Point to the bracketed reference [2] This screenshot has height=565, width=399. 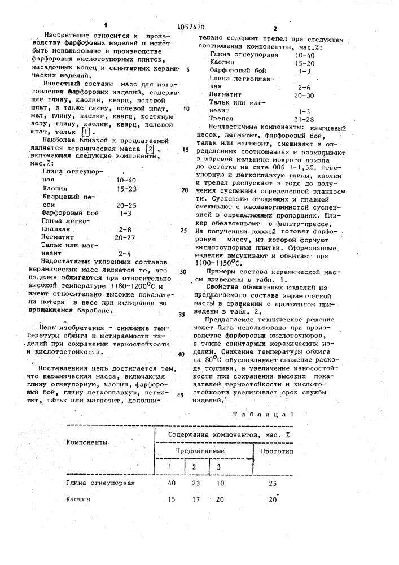[x=150, y=148]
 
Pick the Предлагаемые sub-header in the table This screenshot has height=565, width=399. [x=199, y=451]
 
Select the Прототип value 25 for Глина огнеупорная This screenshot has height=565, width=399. [x=273, y=484]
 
